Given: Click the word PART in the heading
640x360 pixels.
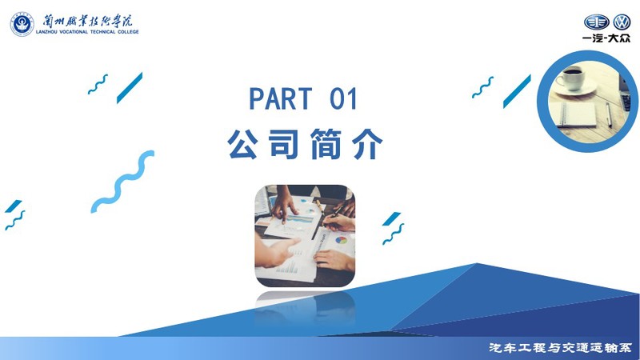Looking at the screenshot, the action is (x=281, y=98).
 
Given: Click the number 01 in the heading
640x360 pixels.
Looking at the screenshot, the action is (x=344, y=98).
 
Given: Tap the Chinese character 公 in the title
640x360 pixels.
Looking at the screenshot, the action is (x=243, y=144).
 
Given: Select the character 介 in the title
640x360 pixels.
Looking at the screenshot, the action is (x=367, y=144).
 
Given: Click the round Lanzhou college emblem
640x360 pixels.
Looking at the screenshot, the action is (x=22, y=24).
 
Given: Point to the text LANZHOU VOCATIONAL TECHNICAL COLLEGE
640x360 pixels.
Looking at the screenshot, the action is (x=87, y=32).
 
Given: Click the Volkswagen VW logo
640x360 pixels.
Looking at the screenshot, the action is (x=622, y=22).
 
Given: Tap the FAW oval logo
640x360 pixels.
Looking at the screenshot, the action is (x=596, y=22).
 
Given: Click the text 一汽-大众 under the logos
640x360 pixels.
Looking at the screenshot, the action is (x=606, y=38).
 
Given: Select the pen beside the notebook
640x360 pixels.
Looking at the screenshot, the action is (x=609, y=115).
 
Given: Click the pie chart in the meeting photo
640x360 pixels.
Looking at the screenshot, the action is (x=342, y=240).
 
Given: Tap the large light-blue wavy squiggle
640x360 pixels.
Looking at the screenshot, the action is (x=122, y=182).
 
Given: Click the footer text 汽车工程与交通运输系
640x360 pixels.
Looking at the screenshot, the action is (x=560, y=348).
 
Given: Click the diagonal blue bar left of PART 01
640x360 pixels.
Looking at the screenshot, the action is (x=130, y=88).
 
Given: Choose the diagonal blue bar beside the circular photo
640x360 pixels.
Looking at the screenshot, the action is (x=517, y=91).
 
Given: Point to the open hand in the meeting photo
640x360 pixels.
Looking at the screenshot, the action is (x=274, y=252).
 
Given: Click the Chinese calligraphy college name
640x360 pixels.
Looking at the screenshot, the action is (x=88, y=21).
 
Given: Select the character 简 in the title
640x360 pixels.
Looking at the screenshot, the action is (x=326, y=144).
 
